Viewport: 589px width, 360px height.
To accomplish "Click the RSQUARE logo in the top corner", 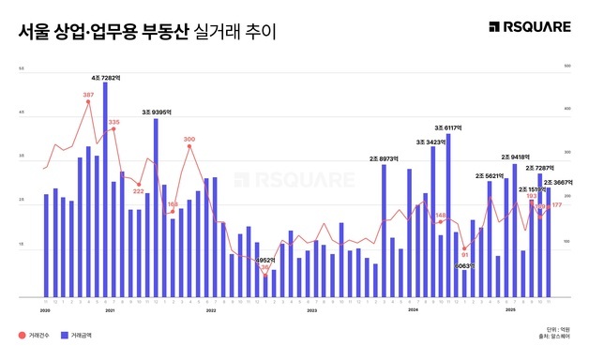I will (530, 27).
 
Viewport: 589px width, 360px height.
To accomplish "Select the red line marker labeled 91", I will (465, 248).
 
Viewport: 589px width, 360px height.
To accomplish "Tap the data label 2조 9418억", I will (516, 157).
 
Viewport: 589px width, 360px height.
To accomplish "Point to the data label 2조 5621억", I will (491, 175).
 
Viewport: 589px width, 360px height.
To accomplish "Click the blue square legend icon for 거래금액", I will (65, 335).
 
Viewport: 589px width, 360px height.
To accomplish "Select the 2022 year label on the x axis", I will (211, 309).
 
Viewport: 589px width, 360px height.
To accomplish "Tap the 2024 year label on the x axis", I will (412, 309).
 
